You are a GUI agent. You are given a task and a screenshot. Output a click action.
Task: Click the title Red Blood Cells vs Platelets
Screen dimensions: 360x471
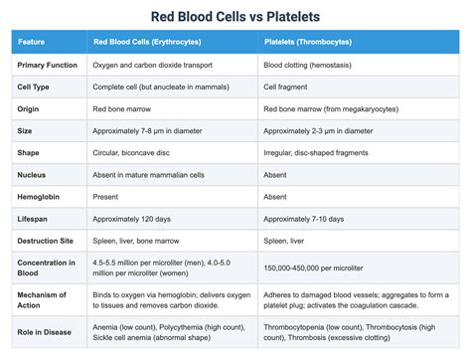click(235, 16)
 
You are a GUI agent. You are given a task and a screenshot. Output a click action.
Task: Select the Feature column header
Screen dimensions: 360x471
click(32, 43)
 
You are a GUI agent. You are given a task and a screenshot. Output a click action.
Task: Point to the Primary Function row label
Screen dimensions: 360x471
click(48, 65)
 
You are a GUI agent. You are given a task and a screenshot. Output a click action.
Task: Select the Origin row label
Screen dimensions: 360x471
click(30, 108)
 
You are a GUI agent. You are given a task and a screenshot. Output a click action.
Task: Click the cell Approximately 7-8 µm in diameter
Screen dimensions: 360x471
click(152, 130)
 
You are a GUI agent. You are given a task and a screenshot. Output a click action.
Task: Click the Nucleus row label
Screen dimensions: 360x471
click(33, 174)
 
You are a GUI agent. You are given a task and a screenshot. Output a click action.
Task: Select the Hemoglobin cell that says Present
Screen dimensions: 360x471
click(107, 196)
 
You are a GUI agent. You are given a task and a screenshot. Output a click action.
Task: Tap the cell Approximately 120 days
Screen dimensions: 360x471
click(134, 218)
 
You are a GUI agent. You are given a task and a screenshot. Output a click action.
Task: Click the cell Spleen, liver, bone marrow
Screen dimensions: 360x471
click(139, 240)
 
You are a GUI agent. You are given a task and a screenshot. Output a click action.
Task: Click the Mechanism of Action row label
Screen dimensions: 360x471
click(43, 301)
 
